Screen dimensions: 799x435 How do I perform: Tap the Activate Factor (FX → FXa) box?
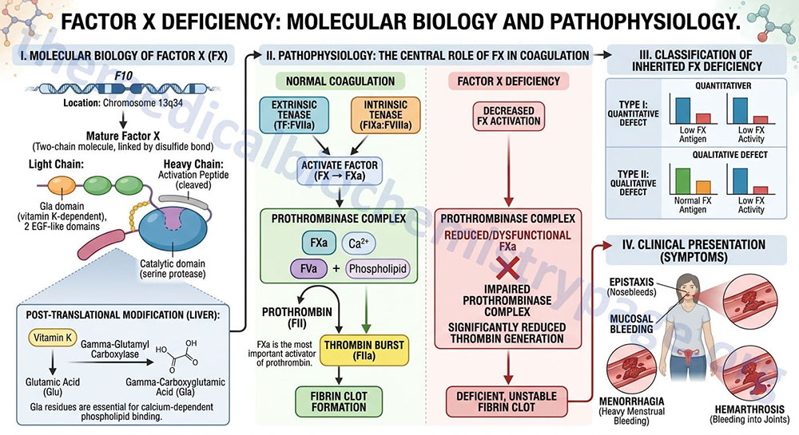click(x=340, y=171)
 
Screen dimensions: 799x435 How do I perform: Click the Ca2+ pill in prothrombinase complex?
click(x=358, y=243)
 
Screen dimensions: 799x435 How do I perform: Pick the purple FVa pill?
click(x=308, y=269)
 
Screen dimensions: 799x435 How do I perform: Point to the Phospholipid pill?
click(x=378, y=269)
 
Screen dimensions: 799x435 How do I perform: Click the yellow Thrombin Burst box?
click(x=364, y=350)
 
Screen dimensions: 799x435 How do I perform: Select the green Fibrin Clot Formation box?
click(x=339, y=401)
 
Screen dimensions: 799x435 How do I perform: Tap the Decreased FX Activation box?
click(x=508, y=116)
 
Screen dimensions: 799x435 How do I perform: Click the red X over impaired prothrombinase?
click(x=508, y=269)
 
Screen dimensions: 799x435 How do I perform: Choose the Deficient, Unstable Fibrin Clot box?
click(x=507, y=401)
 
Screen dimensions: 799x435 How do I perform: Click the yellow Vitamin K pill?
click(x=53, y=338)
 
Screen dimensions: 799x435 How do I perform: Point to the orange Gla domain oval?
click(x=62, y=185)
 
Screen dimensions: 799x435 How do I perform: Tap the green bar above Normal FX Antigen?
click(x=683, y=182)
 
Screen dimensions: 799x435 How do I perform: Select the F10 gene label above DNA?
click(x=123, y=76)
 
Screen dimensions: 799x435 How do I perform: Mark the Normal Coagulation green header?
click(x=340, y=81)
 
